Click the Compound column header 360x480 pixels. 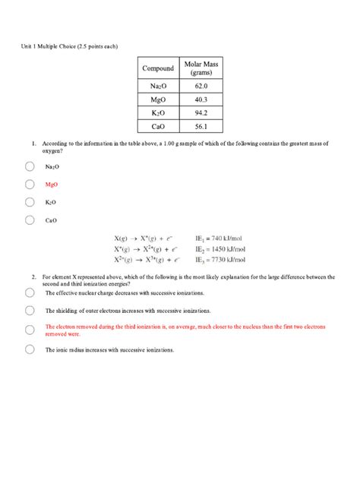(x=158, y=69)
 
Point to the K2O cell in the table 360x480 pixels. (x=158, y=113)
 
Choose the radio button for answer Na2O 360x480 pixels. (x=30, y=166)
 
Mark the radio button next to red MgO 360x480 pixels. (x=30, y=185)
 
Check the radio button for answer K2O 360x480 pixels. (x=30, y=202)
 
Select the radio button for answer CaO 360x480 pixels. (x=30, y=220)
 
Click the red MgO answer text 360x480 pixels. (x=52, y=185)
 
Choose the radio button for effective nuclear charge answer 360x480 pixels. (x=30, y=292)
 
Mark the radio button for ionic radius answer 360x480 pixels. (x=30, y=349)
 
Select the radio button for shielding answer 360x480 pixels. (x=30, y=310)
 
